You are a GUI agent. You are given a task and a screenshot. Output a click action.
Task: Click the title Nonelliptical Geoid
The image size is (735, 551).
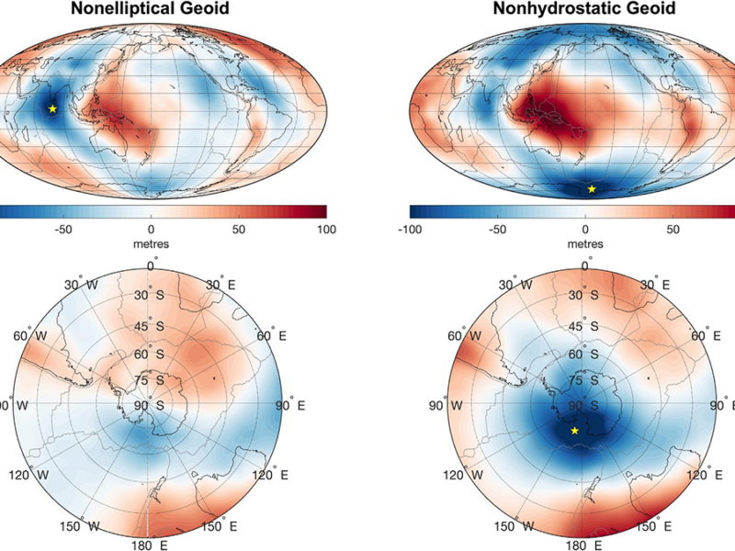(x=151, y=9)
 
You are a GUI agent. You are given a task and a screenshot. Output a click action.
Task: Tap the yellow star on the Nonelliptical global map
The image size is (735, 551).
(x=52, y=108)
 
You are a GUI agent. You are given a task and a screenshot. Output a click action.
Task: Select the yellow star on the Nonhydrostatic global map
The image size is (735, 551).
(x=592, y=189)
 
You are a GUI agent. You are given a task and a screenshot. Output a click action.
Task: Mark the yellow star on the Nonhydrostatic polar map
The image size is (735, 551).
(x=575, y=430)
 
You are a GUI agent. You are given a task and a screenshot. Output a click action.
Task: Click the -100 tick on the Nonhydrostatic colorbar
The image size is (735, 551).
(x=411, y=227)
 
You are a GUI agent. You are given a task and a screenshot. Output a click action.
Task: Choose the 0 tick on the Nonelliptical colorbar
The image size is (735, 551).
(x=151, y=227)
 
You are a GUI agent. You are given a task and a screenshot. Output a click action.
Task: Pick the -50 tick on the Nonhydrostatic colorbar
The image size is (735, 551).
(x=498, y=227)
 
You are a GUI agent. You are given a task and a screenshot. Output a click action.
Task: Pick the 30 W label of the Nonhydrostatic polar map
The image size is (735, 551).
(x=508, y=285)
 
